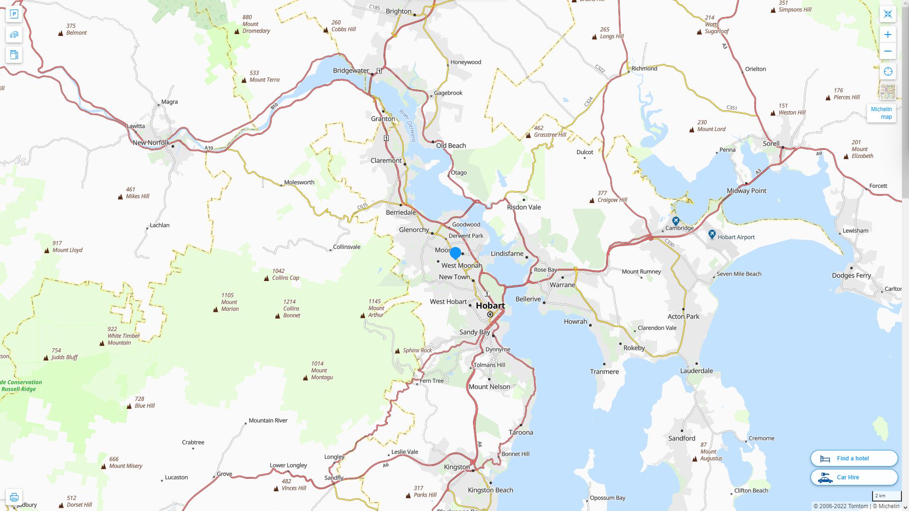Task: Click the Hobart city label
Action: [490, 306]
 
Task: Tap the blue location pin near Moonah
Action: [455, 253]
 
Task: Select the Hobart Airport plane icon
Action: [712, 234]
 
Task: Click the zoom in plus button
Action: [888, 35]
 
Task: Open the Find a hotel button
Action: [854, 458]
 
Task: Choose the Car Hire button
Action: [854, 477]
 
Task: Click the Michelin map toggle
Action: [881, 113]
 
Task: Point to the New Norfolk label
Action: [151, 142]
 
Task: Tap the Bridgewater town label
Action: [351, 70]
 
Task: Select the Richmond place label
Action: [644, 69]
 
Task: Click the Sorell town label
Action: [771, 143]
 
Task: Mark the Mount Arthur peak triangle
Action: [363, 316]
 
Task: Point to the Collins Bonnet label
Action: [291, 308]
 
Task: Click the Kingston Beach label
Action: [490, 490]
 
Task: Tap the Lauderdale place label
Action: [696, 371]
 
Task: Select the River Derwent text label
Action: [408, 125]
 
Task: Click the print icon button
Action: [14, 497]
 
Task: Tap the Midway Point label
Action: [746, 191]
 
